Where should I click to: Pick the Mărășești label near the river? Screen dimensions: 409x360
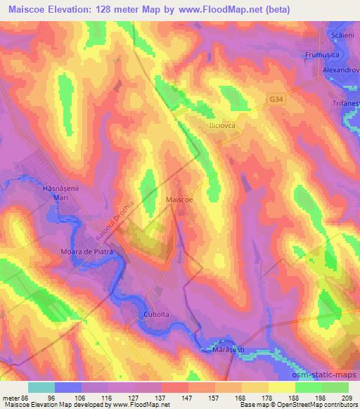(x=233, y=349)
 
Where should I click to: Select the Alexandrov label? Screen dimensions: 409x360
(x=340, y=71)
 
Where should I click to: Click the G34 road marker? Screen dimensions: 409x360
(x=276, y=100)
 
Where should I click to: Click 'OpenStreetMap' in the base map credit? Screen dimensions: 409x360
(x=319, y=405)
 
